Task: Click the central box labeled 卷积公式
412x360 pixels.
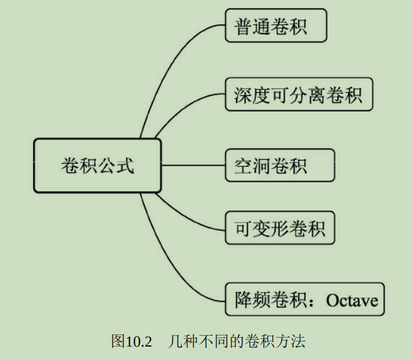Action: click(x=97, y=166)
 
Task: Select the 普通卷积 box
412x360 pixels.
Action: click(x=276, y=26)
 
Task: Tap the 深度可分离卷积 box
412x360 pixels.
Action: click(x=299, y=95)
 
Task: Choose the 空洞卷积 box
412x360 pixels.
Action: click(x=280, y=165)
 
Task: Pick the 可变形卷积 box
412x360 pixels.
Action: click(x=280, y=228)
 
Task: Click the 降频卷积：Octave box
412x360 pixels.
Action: click(x=305, y=299)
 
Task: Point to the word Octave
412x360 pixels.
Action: click(x=352, y=299)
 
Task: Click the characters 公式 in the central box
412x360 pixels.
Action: click(x=116, y=166)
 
